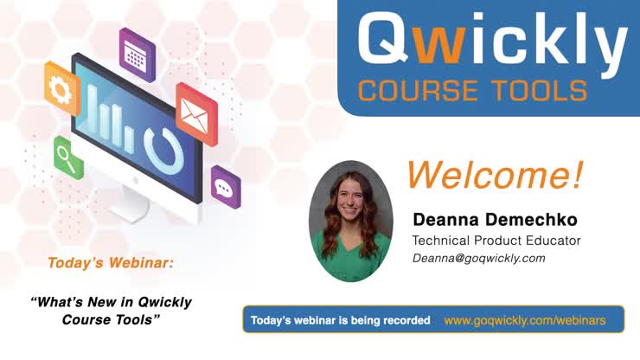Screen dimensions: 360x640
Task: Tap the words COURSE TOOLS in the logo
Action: tap(472, 89)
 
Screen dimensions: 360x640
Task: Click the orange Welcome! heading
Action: tap(495, 175)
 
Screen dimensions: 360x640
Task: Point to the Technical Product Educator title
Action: tap(496, 240)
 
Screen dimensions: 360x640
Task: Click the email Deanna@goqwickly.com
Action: tap(478, 258)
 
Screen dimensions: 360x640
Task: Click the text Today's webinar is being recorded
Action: tap(340, 320)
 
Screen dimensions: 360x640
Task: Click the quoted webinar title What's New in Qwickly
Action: tap(111, 302)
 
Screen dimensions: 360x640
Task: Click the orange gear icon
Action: tap(61, 87)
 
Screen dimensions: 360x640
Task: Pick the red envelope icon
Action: tap(196, 112)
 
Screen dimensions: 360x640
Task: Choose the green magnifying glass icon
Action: tap(67, 157)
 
